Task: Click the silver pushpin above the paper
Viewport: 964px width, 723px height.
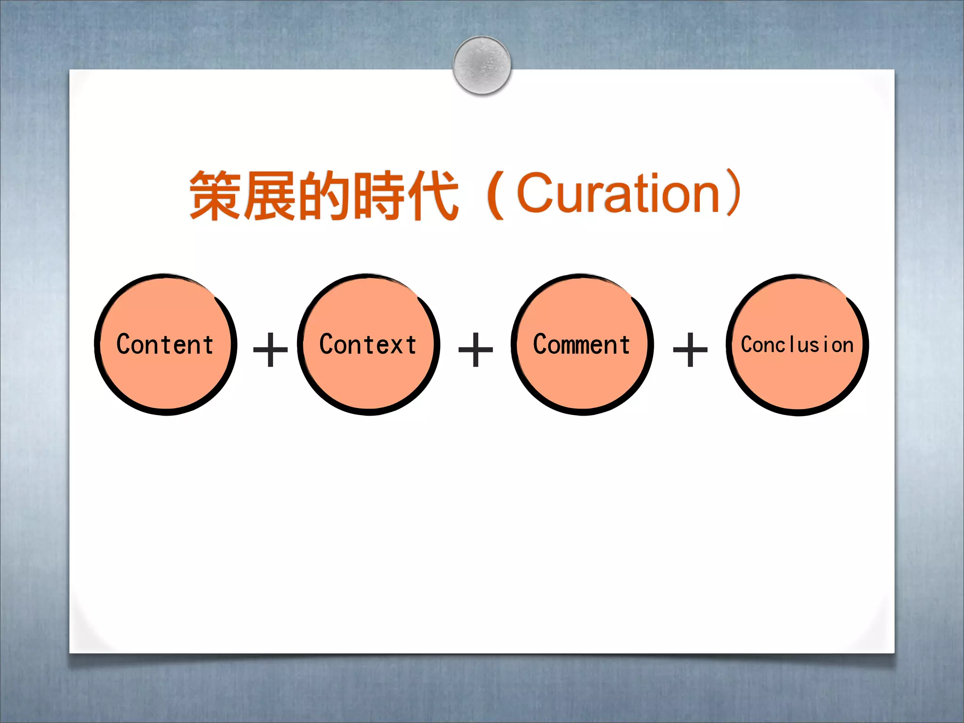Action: click(482, 65)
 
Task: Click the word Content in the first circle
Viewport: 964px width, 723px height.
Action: click(165, 344)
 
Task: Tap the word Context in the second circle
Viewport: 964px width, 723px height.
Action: click(368, 344)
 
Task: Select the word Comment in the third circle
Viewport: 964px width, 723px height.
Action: click(581, 344)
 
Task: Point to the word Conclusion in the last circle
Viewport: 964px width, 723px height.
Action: click(797, 345)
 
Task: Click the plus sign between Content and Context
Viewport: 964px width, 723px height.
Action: click(270, 349)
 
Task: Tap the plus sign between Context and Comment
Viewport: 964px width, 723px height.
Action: click(475, 349)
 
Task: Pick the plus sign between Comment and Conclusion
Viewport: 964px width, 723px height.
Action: click(690, 349)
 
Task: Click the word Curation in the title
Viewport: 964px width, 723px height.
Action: click(619, 193)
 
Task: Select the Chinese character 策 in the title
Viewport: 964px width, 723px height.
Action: click(216, 195)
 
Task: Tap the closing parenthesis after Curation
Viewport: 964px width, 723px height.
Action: click(734, 193)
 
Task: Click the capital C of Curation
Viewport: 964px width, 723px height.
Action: click(537, 193)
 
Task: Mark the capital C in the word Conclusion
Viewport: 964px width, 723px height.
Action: click(749, 344)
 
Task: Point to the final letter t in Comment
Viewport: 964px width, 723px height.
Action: click(625, 344)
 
